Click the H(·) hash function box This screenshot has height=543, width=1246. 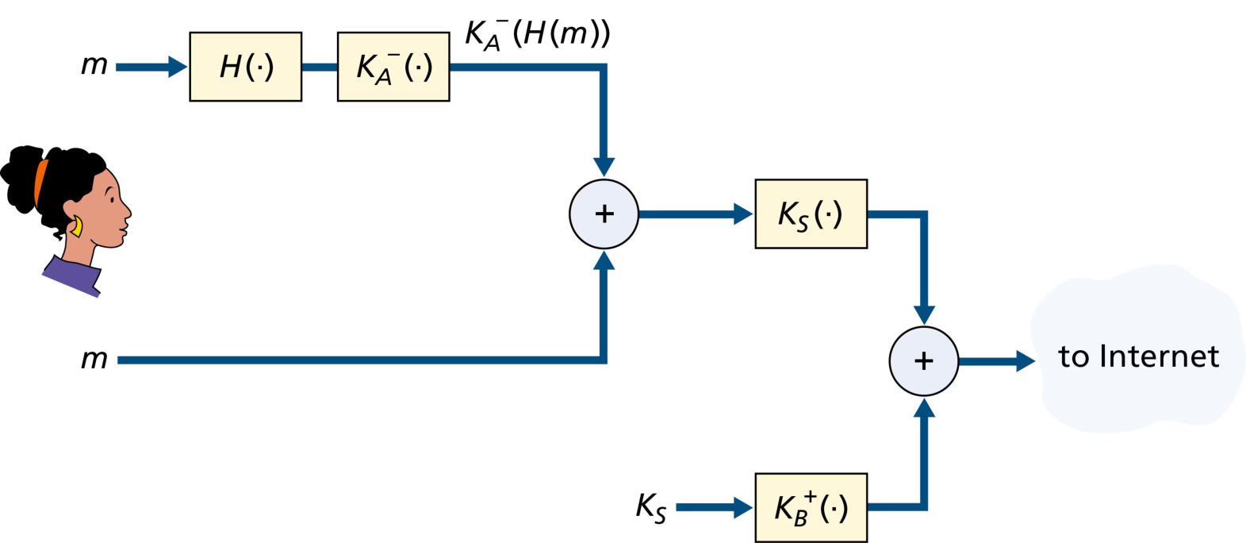click(245, 67)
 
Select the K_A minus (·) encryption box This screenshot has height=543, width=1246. click(393, 67)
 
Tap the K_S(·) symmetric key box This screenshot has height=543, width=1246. click(811, 214)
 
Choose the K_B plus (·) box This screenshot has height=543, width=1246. click(811, 507)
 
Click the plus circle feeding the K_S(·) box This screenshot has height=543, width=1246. click(604, 214)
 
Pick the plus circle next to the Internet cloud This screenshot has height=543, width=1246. click(924, 361)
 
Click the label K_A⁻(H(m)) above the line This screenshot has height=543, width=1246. click(537, 34)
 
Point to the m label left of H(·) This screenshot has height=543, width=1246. click(94, 65)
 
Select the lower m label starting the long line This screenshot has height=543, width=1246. click(94, 359)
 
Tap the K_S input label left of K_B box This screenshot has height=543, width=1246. click(651, 508)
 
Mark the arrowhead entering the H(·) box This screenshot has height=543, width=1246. click(178, 67)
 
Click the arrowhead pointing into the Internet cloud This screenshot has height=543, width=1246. click(1026, 361)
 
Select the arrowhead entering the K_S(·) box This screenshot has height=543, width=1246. click(744, 214)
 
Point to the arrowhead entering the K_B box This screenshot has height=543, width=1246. click(744, 507)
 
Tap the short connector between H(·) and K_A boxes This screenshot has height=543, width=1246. click(320, 67)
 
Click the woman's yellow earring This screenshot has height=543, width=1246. click(77, 227)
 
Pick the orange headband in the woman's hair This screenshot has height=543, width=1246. click(40, 182)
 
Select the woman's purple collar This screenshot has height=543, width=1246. click(72, 277)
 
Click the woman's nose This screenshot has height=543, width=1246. click(127, 212)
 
